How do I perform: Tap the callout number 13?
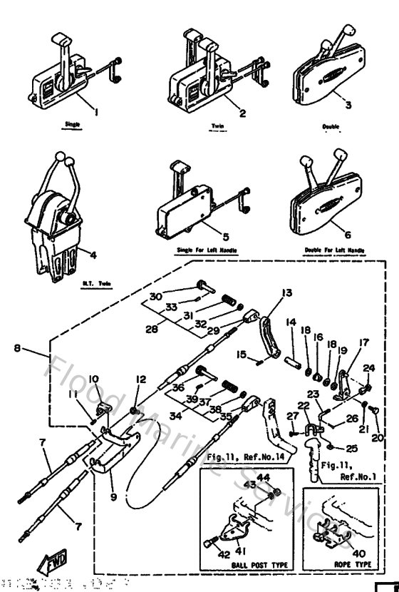click(x=286, y=292)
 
